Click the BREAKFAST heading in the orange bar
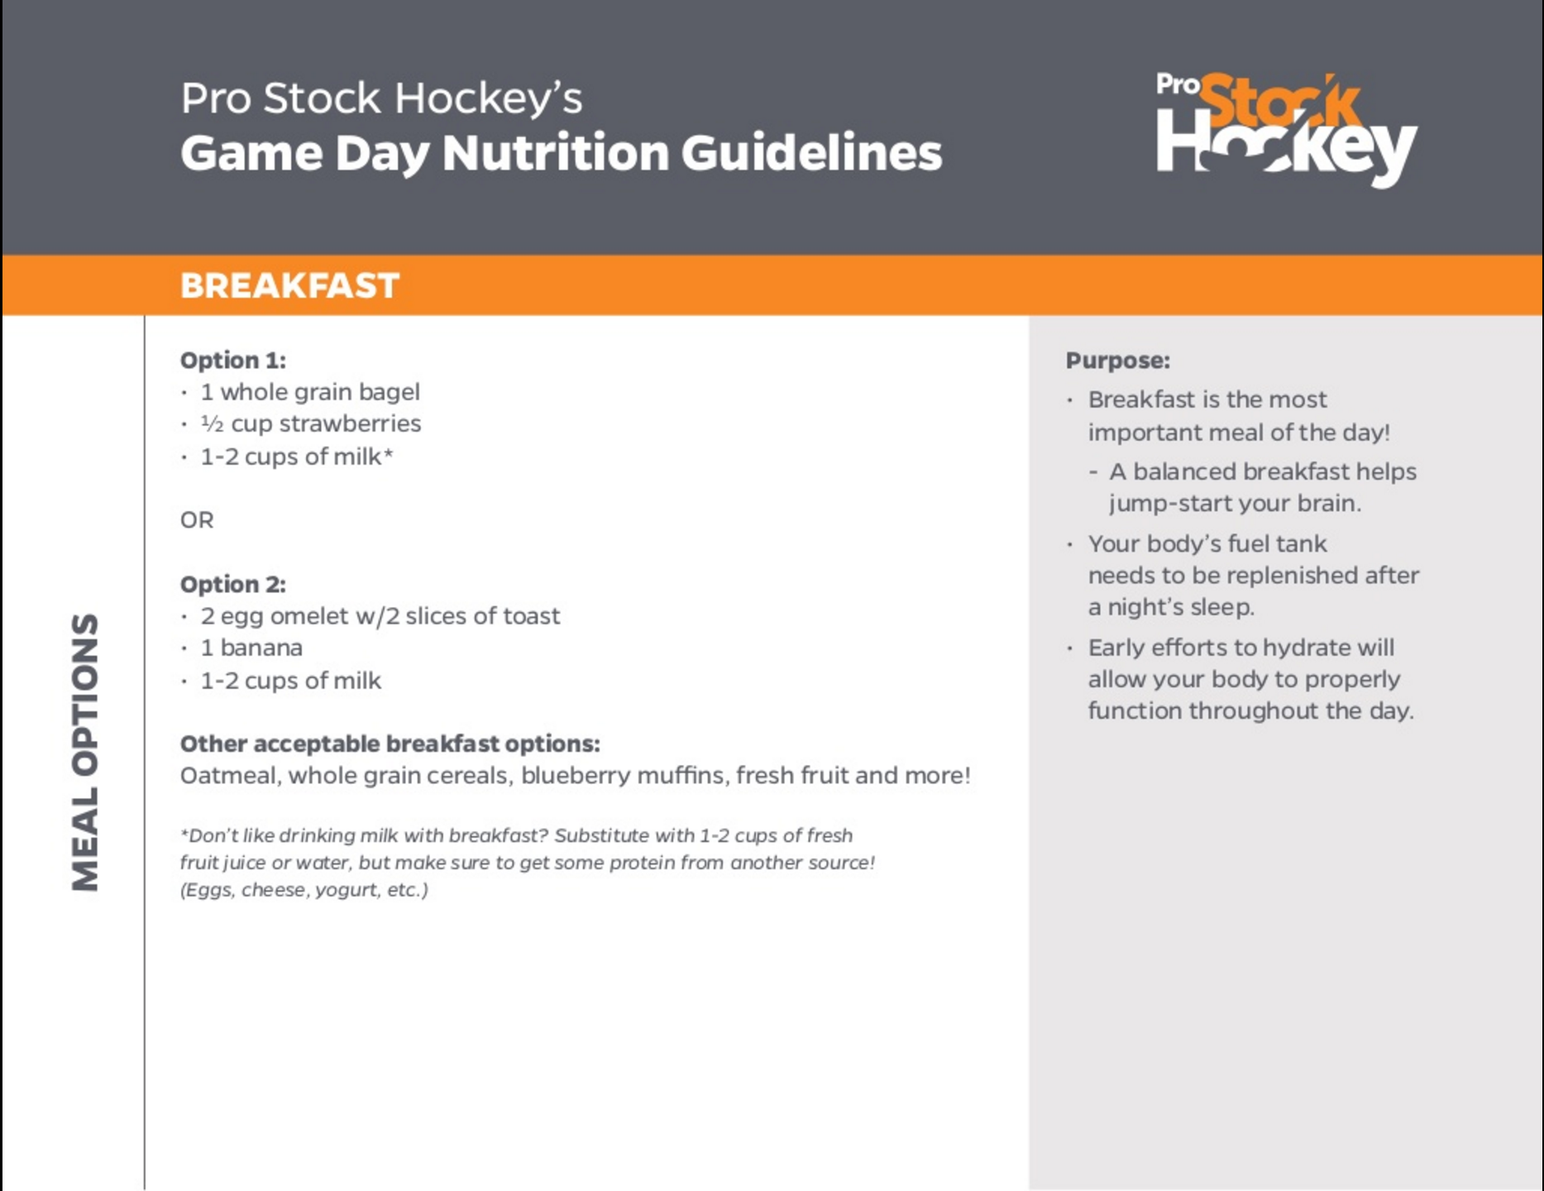(289, 285)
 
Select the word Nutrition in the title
(555, 153)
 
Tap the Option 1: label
(232, 361)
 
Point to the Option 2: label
(232, 585)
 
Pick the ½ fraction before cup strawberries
(212, 424)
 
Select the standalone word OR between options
(197, 520)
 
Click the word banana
(261, 648)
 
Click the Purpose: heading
(1117, 361)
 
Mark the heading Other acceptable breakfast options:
(390, 744)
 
